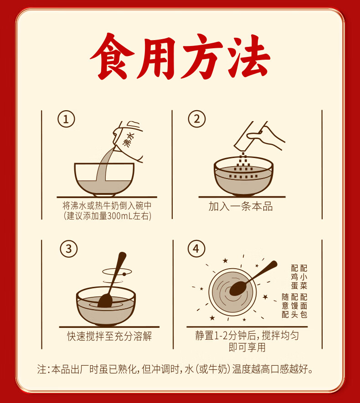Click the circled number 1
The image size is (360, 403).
(x=66, y=119)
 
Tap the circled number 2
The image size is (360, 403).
(x=197, y=119)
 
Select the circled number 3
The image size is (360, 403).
(x=69, y=249)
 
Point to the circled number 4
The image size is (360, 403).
(x=196, y=249)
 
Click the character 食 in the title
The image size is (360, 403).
(x=113, y=56)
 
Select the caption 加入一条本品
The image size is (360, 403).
(x=241, y=206)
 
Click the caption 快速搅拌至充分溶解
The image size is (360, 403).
(x=109, y=336)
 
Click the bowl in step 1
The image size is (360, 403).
(x=104, y=179)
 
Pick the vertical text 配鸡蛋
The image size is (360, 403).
(x=294, y=277)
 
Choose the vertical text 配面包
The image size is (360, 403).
(x=303, y=306)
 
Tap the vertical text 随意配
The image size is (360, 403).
(x=285, y=306)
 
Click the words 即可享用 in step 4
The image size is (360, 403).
(x=247, y=347)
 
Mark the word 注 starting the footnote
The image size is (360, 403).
(x=41, y=369)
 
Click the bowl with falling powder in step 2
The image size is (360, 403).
(x=243, y=176)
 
